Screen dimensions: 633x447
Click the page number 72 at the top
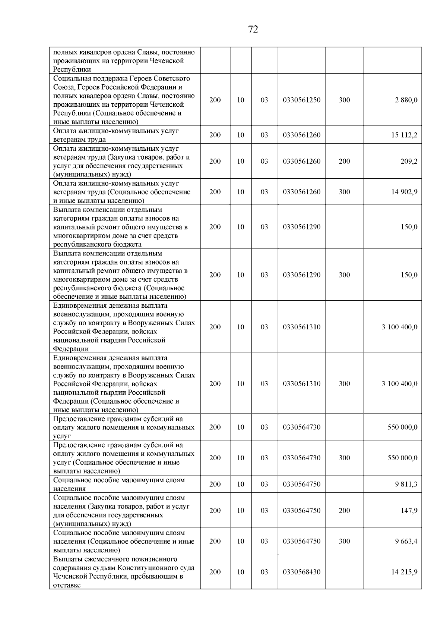click(253, 29)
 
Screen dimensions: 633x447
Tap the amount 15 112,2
click(404, 135)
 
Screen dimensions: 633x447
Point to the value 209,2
click(409, 162)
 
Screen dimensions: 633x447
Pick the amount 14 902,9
click(404, 192)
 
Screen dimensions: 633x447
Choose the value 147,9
click(409, 511)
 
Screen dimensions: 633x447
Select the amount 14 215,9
click(404, 572)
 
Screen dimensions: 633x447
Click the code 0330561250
click(302, 100)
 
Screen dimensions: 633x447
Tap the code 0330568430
click(302, 572)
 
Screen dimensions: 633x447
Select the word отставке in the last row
click(67, 585)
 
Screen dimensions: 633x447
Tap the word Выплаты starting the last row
click(67, 559)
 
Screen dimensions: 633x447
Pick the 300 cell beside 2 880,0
click(345, 100)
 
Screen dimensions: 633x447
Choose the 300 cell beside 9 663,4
click(345, 541)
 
